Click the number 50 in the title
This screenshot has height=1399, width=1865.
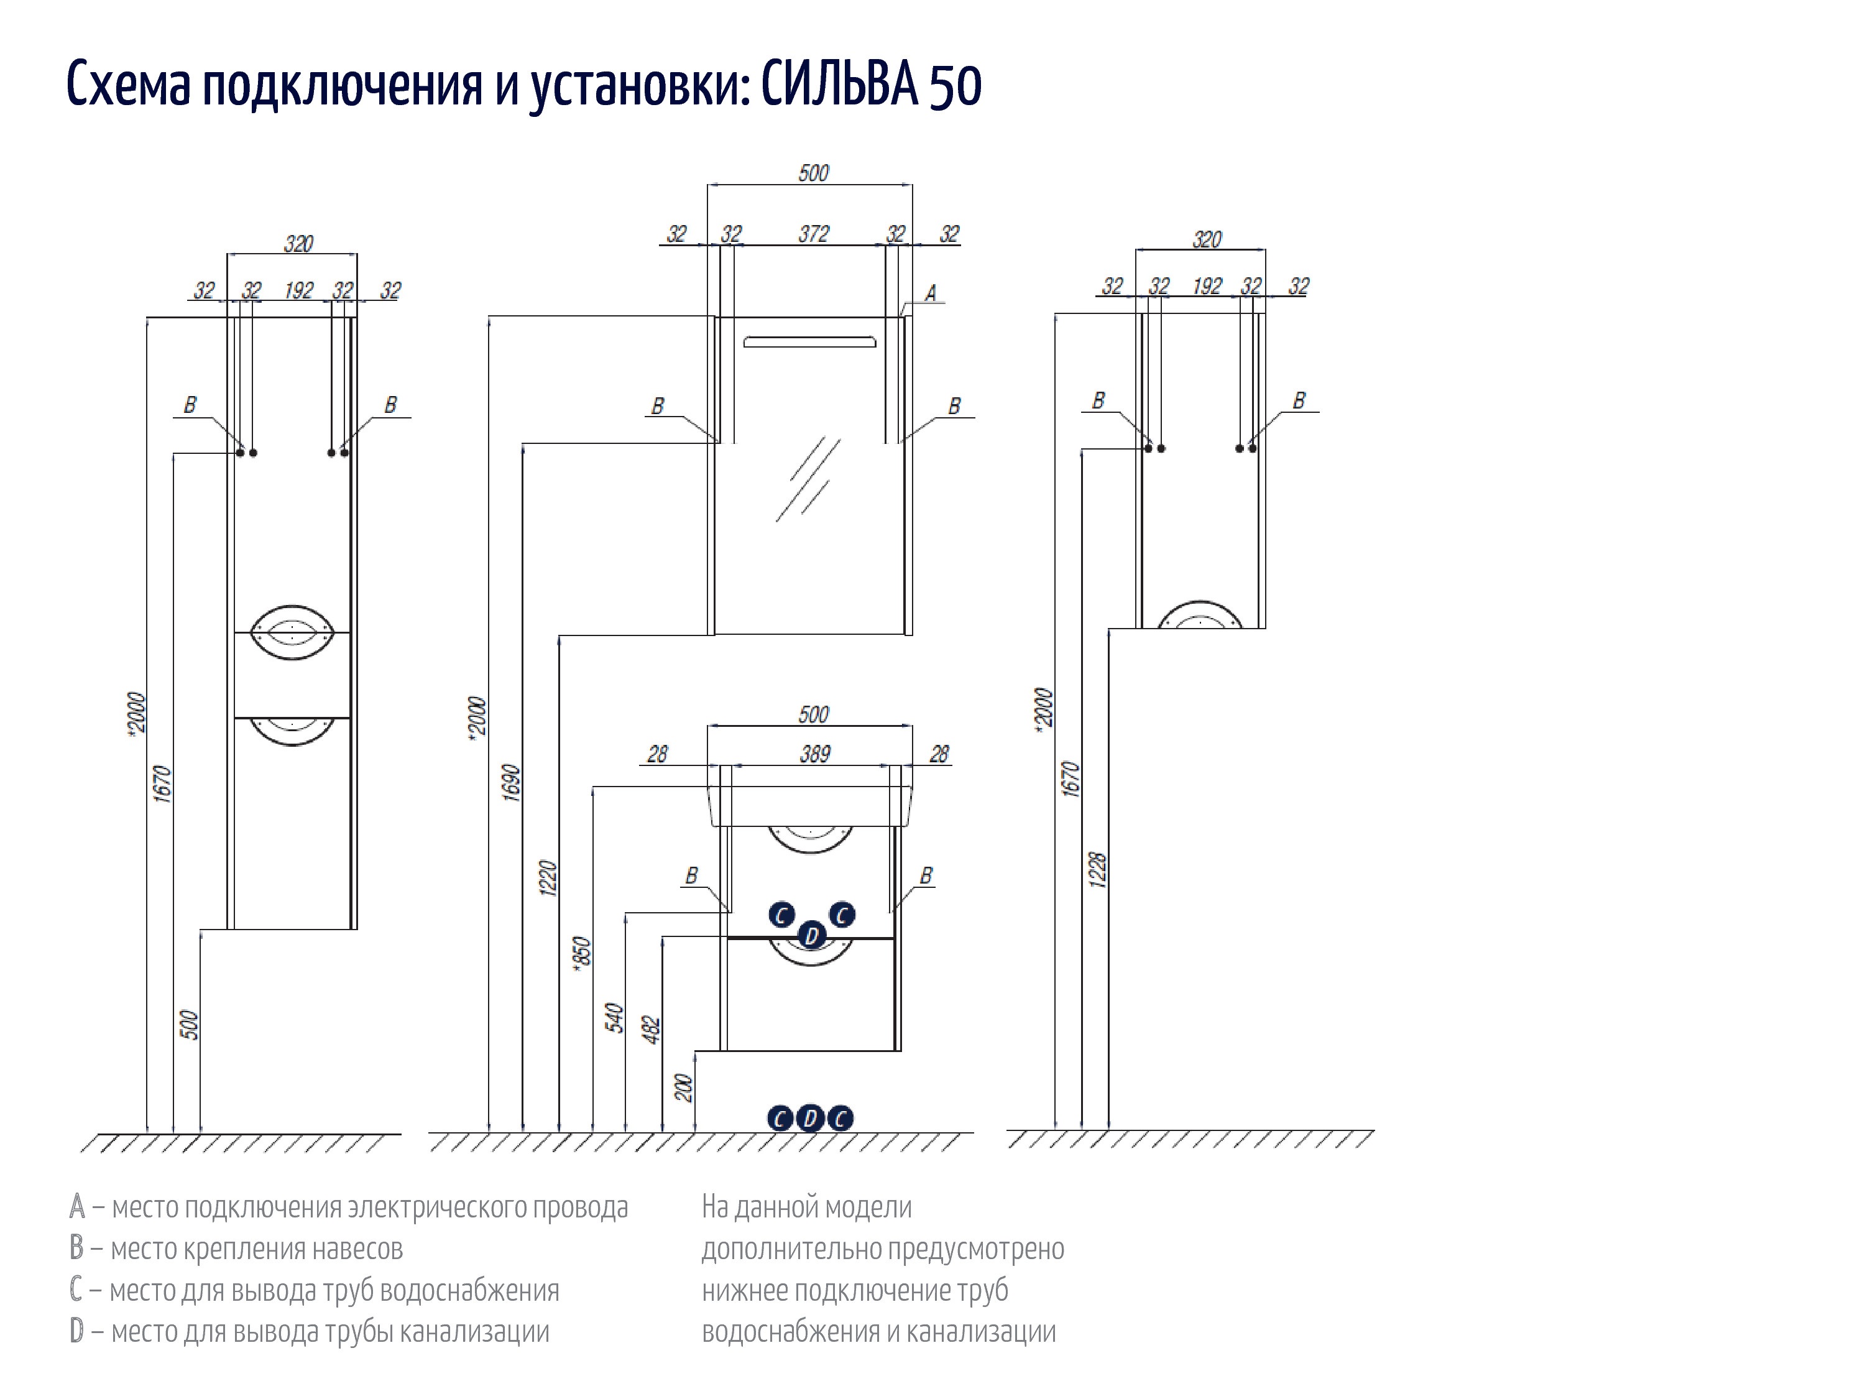click(x=956, y=85)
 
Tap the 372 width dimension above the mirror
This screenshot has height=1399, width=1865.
click(x=814, y=234)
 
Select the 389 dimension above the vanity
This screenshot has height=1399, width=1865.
click(x=814, y=754)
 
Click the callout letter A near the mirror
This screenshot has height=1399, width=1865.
click(x=931, y=293)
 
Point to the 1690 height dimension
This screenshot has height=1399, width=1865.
click(x=511, y=783)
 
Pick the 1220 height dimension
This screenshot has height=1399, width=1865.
click(x=548, y=878)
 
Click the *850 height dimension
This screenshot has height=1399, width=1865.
click(x=582, y=956)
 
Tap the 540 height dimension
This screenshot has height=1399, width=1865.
click(x=615, y=1018)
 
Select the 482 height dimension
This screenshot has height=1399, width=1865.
click(x=652, y=1030)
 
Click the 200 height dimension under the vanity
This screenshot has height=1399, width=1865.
click(x=684, y=1088)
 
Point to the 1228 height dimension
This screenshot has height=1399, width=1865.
click(x=1097, y=869)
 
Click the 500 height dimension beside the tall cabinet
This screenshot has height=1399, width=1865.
click(x=190, y=1025)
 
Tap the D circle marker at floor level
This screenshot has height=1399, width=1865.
click(x=809, y=1118)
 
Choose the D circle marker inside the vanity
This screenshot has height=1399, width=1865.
click(x=812, y=935)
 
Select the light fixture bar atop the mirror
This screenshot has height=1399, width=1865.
click(x=809, y=341)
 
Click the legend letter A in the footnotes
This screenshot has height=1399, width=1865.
click(x=76, y=1207)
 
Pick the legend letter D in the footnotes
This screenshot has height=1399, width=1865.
click(x=76, y=1332)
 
